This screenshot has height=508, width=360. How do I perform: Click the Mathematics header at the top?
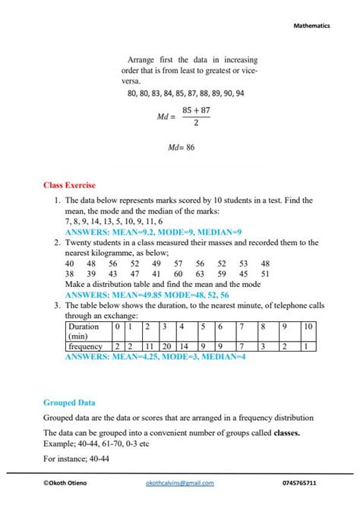click(x=311, y=25)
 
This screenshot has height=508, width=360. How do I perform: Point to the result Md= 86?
click(x=181, y=147)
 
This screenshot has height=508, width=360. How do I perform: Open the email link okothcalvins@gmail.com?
click(x=179, y=483)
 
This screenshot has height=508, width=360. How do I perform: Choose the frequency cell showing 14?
click(x=184, y=346)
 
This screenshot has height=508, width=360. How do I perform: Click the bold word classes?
click(x=282, y=432)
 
